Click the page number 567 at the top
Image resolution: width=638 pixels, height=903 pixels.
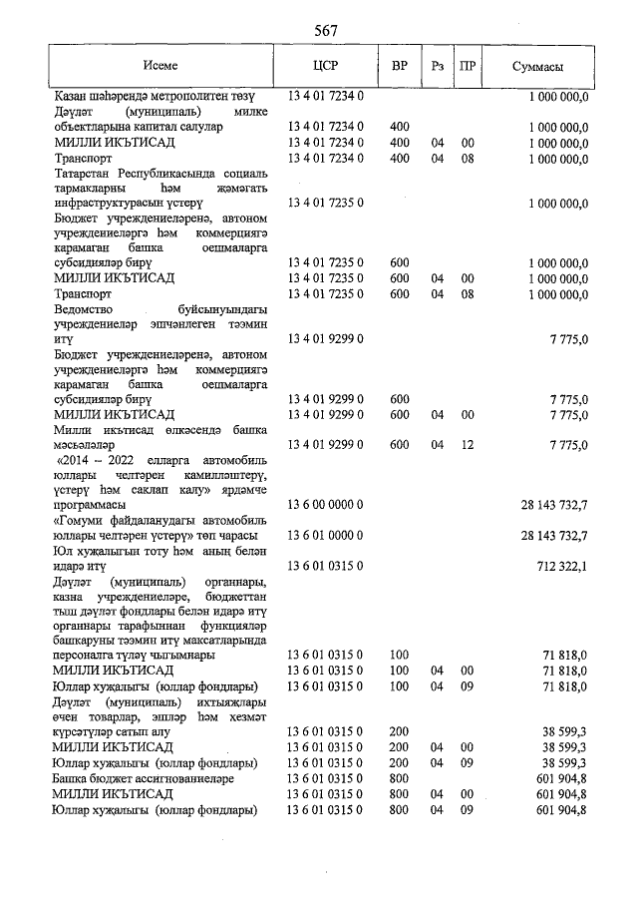325,30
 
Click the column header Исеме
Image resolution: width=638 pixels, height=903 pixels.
160,66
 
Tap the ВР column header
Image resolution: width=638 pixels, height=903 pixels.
400,66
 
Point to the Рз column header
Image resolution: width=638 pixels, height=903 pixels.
437,66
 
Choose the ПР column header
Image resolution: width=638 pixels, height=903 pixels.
466,66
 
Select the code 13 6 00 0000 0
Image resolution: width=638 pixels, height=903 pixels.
326,506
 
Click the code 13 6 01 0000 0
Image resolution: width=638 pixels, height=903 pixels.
326,536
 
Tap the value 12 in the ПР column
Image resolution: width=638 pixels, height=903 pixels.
466,445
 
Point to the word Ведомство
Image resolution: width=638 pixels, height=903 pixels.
87,323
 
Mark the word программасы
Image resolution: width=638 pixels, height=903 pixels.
97,506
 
